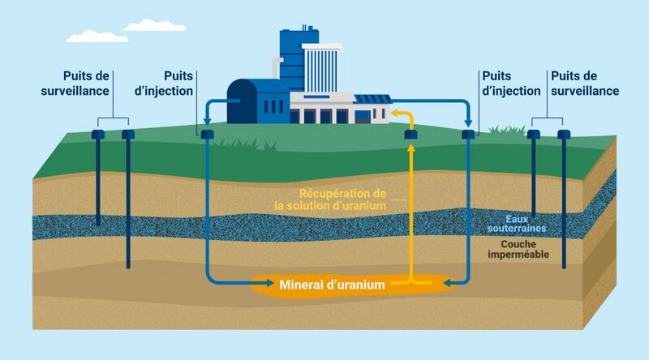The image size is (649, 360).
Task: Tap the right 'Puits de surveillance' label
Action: pos(584,84)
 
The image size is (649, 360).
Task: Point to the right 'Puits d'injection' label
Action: pos(510,84)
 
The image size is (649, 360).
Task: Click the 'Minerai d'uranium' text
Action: pos(332,285)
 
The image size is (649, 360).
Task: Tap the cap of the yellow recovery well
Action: pos(410,134)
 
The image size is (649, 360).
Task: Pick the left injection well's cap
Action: pos(207,133)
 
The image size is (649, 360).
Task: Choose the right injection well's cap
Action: pos(468,133)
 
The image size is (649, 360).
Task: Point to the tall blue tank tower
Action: pos(292,57)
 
